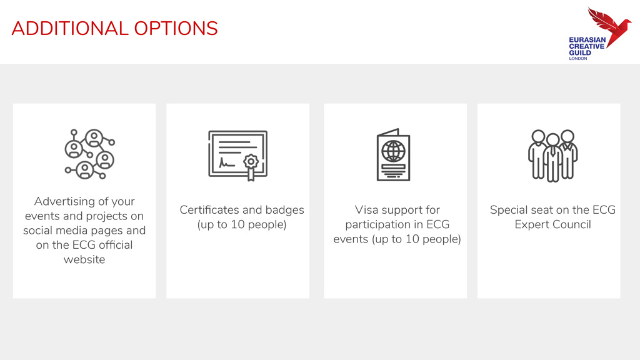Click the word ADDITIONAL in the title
pyautogui.click(x=70, y=29)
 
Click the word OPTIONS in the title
pyautogui.click(x=176, y=29)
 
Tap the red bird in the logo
pyautogui.click(x=609, y=26)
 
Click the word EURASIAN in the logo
pyautogui.click(x=587, y=40)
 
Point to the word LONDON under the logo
pyautogui.click(x=578, y=58)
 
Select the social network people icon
pyautogui.click(x=90, y=154)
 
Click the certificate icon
pyautogui.click(x=238, y=156)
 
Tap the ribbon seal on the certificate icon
pyautogui.click(x=251, y=166)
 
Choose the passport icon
pyautogui.click(x=394, y=155)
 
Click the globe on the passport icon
pyautogui.click(x=394, y=151)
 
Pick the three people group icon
pyautogui.click(x=553, y=156)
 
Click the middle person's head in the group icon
pyautogui.click(x=553, y=140)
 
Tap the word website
pyautogui.click(x=84, y=259)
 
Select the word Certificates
pyautogui.click(x=215, y=210)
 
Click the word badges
pyautogui.click(x=285, y=210)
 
